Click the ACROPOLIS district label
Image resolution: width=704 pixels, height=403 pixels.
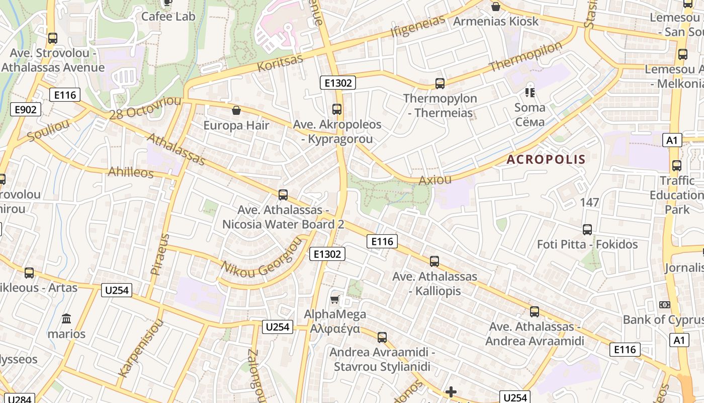(546, 160)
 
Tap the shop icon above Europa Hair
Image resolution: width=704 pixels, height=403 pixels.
(236, 110)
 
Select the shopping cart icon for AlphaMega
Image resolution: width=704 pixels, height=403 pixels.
(334, 300)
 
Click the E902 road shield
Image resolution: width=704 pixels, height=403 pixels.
(26, 109)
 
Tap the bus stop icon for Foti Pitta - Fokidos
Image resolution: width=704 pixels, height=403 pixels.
(587, 230)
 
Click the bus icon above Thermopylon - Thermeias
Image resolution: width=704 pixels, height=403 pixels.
(440, 84)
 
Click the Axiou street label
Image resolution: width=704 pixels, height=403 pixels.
(435, 180)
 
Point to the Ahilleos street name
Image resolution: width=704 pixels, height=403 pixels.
(131, 172)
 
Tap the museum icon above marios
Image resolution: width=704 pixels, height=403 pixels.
(66, 319)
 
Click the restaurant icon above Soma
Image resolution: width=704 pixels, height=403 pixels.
(530, 93)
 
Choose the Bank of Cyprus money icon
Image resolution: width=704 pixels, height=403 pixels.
(664, 305)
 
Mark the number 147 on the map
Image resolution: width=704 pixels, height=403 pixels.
(589, 203)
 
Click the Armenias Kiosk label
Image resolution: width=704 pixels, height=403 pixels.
(495, 21)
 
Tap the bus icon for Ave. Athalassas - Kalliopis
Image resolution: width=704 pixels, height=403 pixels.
(434, 261)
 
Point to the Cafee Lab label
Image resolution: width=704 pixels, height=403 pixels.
(167, 16)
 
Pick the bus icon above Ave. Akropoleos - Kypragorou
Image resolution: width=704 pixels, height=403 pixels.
(337, 109)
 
